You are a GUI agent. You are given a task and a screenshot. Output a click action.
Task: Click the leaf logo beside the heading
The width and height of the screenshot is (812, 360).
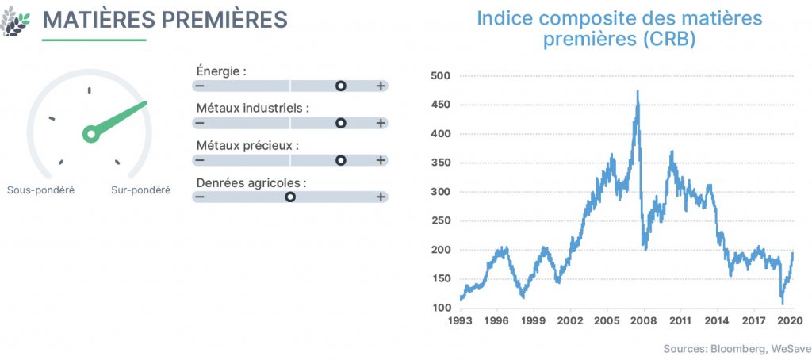(16, 21)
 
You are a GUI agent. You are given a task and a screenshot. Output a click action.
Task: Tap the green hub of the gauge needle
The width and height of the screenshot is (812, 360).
(91, 134)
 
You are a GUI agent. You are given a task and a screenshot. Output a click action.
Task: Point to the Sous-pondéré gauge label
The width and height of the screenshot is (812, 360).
(41, 190)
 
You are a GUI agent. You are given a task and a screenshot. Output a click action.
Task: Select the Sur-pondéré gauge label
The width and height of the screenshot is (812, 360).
(141, 190)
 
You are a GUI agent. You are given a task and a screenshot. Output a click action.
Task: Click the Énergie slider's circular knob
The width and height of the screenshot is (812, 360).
(340, 86)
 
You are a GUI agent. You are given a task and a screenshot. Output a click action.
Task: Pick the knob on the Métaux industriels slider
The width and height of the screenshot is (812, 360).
(340, 123)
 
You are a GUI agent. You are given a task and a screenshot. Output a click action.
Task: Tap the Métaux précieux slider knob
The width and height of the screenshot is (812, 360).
(340, 160)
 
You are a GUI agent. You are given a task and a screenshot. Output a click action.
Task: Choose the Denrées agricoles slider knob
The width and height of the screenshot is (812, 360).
(290, 197)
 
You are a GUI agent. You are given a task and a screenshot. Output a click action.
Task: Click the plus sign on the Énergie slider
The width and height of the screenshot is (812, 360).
(381, 86)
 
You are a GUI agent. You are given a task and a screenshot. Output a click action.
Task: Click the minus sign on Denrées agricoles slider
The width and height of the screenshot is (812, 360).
(199, 197)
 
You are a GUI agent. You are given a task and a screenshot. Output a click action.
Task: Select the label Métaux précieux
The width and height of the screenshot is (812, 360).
(247, 146)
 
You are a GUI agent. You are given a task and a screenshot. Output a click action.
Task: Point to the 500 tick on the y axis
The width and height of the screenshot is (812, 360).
(440, 76)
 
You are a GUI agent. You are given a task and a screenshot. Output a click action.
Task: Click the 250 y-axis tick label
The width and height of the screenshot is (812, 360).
(440, 221)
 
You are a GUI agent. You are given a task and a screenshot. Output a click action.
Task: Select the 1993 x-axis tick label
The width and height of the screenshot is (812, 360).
(461, 320)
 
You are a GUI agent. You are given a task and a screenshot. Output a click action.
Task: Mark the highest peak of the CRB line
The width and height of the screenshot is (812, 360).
(638, 91)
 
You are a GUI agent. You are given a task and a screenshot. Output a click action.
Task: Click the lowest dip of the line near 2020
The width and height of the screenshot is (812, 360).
(782, 304)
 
